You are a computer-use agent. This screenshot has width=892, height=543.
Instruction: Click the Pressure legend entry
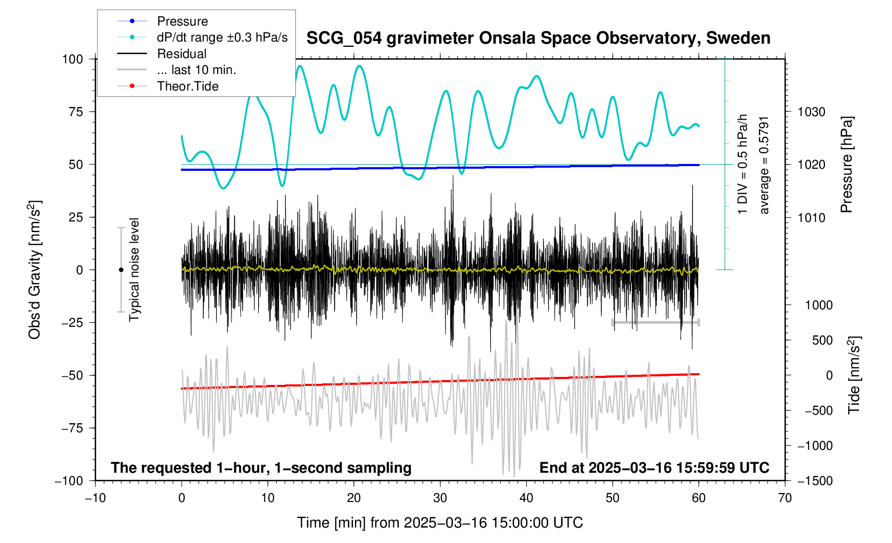(x=182, y=21)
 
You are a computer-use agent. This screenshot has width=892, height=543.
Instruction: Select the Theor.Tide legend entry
(x=187, y=86)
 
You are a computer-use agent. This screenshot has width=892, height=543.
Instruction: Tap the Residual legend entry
(x=181, y=54)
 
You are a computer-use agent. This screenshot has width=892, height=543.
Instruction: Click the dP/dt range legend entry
(x=222, y=37)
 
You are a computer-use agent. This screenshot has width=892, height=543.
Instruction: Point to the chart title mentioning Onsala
(x=538, y=38)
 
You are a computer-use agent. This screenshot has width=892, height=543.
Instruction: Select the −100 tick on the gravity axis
(x=69, y=481)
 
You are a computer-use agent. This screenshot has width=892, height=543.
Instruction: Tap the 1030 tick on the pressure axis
(x=811, y=112)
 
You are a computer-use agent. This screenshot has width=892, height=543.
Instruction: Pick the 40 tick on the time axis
(x=526, y=498)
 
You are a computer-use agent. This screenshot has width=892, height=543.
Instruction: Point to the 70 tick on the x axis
(x=784, y=498)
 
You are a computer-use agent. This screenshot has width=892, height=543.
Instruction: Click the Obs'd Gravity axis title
(x=35, y=270)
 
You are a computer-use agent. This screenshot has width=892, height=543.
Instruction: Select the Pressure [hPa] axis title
(x=846, y=165)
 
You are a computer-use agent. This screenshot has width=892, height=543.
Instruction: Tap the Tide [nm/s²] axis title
(x=854, y=375)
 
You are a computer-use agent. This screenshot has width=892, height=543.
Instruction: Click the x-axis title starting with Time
(x=440, y=523)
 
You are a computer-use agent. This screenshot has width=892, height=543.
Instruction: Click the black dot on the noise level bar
(x=121, y=270)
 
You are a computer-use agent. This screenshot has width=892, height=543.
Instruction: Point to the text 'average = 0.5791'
(x=764, y=166)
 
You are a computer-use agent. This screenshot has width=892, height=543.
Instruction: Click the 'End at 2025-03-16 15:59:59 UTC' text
(x=654, y=468)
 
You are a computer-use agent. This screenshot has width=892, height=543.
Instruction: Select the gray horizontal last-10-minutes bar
(x=655, y=323)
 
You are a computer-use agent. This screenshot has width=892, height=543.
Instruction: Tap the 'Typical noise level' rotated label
(x=134, y=270)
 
